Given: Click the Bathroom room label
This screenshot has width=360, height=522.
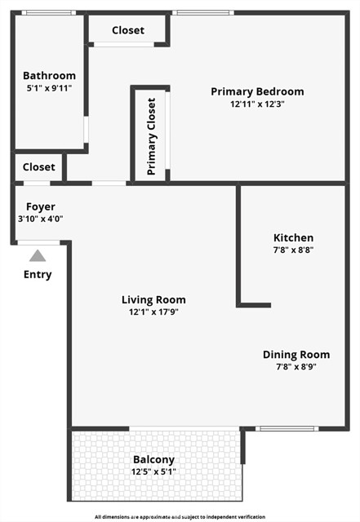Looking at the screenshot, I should point(49,76).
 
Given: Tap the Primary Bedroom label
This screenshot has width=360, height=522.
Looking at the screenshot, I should point(257,91).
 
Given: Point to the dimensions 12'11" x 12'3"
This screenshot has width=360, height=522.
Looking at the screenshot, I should point(257,104).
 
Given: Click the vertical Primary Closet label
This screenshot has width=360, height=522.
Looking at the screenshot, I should point(151,136).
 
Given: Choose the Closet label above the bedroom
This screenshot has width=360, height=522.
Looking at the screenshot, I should point(127,30).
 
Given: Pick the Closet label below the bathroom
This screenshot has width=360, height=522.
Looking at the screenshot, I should point(39,167).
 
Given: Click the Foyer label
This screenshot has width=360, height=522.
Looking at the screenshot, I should point(41,206).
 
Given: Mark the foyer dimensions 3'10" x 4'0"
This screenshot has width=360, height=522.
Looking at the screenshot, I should point(41,219).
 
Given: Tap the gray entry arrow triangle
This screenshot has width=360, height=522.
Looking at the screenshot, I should point(38,255).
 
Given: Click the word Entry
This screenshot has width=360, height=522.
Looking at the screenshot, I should point(38,274).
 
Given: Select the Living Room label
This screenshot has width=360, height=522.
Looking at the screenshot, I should point(153,299).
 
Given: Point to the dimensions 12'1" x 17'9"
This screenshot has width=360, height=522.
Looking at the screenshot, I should point(153,312).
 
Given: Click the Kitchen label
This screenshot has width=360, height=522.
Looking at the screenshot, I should point(293,237).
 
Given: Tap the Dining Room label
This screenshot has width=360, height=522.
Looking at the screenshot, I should point(296,354).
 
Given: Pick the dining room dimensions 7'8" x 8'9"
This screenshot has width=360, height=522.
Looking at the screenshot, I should point(296,366).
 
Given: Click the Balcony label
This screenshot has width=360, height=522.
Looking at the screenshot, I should point(153,459).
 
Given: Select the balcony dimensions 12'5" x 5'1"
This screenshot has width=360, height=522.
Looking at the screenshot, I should point(153,471).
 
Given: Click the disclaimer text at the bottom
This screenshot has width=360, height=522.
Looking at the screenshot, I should point(180,517).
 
